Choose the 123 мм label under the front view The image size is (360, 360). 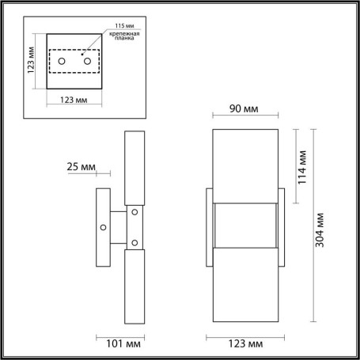point(244,344)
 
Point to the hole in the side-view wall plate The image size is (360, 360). point(103,228)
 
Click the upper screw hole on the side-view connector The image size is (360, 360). point(135,212)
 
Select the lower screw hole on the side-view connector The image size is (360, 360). point(135,242)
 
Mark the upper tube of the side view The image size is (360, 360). point(135,166)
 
